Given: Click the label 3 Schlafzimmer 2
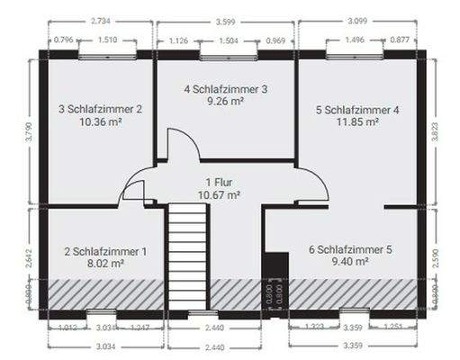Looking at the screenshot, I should click(101, 109).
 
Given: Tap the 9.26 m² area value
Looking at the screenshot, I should click(226, 102).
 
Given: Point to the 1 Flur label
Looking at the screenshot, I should click(218, 182).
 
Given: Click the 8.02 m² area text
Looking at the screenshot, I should click(100, 265).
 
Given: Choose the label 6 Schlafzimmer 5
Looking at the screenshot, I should click(350, 249).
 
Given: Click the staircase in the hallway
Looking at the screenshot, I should click(188, 256).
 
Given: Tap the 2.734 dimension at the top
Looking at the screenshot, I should click(102, 21).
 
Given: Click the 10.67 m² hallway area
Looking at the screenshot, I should click(218, 193).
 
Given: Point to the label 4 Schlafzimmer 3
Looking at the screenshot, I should click(226, 89).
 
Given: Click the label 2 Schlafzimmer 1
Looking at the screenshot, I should click(100, 252).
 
